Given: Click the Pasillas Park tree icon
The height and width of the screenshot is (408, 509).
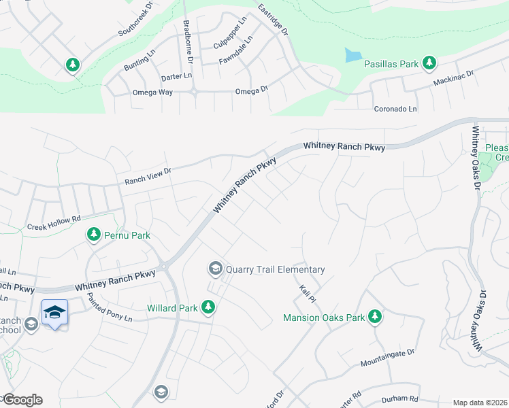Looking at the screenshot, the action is [x=429, y=64].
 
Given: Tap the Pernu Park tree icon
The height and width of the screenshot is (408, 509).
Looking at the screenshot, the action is [x=94, y=235].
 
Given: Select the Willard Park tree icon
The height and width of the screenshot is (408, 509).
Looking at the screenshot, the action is [x=208, y=308].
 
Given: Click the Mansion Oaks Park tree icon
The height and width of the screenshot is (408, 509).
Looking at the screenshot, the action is [x=374, y=316].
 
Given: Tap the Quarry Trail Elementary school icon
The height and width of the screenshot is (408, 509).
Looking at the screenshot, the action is [x=216, y=269].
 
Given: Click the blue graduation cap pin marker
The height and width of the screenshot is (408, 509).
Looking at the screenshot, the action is [x=54, y=313].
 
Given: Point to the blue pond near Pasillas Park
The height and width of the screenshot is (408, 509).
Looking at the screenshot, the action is [x=352, y=55].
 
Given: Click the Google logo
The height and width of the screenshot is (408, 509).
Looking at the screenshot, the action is [x=22, y=400].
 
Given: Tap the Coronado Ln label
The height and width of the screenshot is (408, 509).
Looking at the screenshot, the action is [x=395, y=109].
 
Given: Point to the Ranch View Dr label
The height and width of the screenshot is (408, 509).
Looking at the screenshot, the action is [x=147, y=177].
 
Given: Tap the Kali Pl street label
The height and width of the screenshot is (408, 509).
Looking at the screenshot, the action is [x=308, y=294].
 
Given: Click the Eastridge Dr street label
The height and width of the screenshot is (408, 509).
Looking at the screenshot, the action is [x=274, y=18].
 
